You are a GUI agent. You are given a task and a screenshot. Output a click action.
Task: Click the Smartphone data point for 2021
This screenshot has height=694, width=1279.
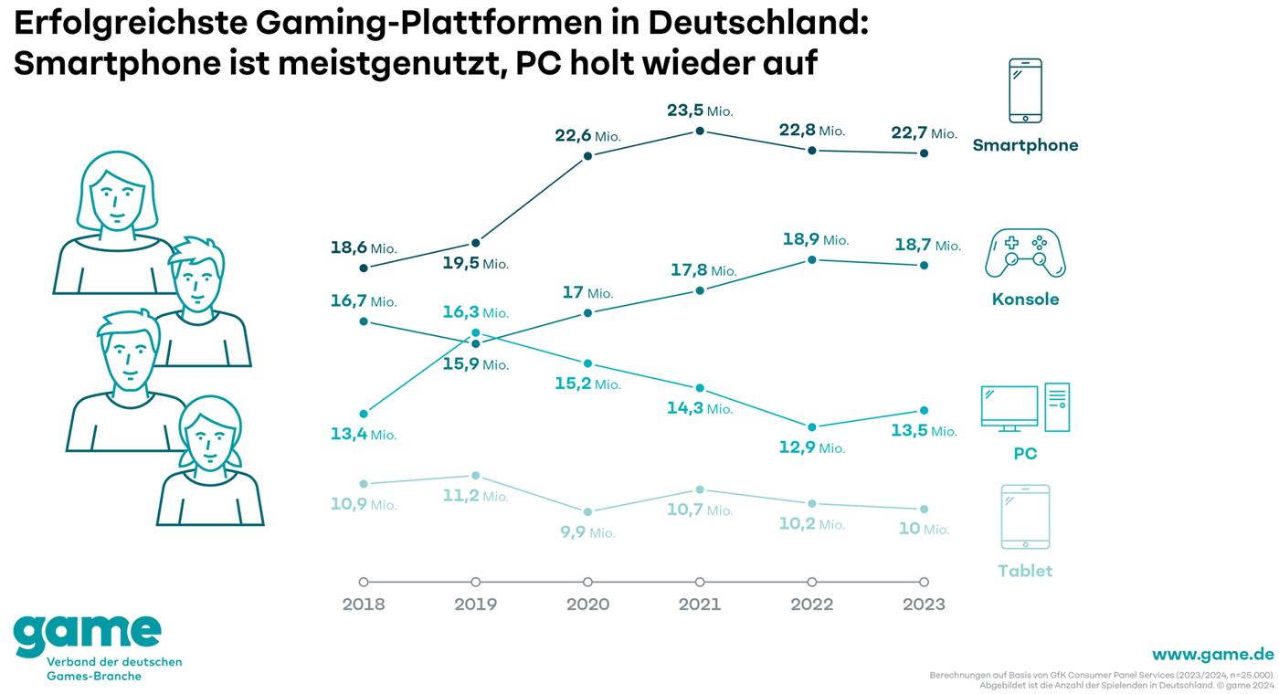(x=700, y=131)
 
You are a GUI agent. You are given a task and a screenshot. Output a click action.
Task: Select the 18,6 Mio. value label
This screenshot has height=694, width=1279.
(x=364, y=247)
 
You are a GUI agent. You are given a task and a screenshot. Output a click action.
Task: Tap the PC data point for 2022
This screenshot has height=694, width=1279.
(x=812, y=427)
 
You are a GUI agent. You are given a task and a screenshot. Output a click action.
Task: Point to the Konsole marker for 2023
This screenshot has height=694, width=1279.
(x=925, y=266)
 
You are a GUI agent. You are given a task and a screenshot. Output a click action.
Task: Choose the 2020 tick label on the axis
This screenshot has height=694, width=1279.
(x=587, y=605)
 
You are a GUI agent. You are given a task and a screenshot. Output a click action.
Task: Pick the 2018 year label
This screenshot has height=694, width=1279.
(x=364, y=605)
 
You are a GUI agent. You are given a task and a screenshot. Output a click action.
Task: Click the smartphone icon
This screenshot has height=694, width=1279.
(x=1025, y=90)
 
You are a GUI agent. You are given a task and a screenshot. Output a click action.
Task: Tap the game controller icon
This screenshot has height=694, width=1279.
(x=1025, y=253)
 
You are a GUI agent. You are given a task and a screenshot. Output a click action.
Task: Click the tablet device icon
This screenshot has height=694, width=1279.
(x=1025, y=517)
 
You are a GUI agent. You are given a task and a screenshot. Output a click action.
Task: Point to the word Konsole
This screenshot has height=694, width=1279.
(x=1025, y=300)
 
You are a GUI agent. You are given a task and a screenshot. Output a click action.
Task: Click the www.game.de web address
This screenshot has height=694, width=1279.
(x=1212, y=655)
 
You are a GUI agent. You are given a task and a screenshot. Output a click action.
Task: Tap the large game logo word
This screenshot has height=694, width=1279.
(x=88, y=632)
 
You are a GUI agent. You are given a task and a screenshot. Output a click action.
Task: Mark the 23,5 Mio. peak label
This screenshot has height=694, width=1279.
(x=700, y=110)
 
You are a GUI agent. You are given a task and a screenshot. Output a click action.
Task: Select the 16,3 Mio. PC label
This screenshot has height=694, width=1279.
(x=475, y=312)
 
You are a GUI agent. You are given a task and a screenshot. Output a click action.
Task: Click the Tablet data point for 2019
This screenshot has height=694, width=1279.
(x=476, y=476)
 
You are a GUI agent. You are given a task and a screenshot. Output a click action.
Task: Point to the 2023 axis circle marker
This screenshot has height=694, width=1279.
(x=925, y=582)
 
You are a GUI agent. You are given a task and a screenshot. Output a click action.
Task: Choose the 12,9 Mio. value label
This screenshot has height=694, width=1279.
(x=812, y=448)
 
